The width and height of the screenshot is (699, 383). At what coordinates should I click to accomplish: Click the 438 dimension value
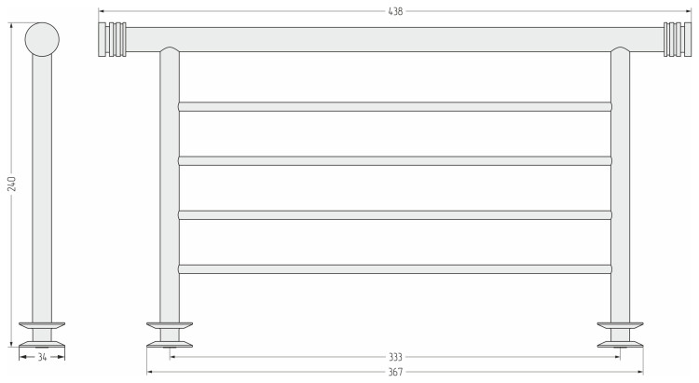pos(395,11)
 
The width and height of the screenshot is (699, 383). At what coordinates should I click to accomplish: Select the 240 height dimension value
pos(12,184)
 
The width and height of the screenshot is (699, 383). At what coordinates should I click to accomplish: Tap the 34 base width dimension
pos(42,357)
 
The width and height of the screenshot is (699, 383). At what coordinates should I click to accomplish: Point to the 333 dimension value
pos(395,357)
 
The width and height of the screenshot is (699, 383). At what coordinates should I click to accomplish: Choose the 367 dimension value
pos(395,372)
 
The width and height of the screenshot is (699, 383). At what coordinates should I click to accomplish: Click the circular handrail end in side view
pos(42,39)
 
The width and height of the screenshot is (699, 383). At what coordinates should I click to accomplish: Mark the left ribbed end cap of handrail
pos(113,39)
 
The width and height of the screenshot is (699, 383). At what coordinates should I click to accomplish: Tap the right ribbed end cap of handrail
pos(678,39)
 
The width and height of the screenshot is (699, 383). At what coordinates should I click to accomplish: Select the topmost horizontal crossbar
pos(395,106)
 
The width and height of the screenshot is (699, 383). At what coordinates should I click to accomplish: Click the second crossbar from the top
pos(395,160)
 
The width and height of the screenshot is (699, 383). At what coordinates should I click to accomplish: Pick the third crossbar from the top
pos(395,215)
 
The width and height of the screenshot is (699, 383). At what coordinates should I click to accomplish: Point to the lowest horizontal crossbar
pos(395,269)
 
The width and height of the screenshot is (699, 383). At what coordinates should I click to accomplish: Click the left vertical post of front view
pos(170,187)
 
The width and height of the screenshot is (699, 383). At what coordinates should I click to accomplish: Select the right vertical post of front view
pos(620,187)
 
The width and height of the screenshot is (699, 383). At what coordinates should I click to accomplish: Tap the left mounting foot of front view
pos(170,335)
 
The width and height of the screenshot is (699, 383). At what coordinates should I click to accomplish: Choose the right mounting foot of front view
pos(620,335)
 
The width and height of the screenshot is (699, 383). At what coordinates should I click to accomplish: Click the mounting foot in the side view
pos(42,335)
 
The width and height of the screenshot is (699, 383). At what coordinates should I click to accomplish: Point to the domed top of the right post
pos(620,49)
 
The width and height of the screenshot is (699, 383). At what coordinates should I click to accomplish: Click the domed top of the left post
pos(170,49)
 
